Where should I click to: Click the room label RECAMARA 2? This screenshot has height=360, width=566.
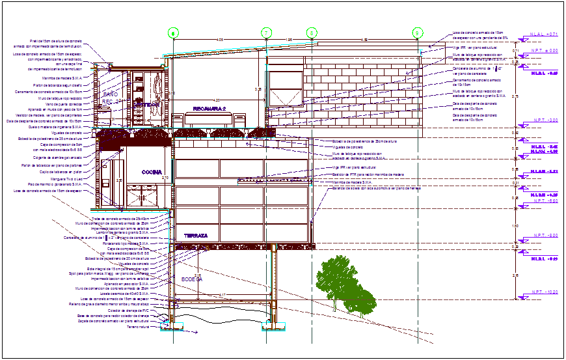point(209,108)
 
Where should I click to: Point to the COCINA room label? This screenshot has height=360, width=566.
point(152,172)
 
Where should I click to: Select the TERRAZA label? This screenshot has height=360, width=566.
point(195,235)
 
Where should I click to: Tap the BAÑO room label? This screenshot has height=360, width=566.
point(109,95)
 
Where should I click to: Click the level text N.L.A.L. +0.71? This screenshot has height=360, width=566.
point(545,34)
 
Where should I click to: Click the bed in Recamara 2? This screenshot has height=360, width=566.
point(209,120)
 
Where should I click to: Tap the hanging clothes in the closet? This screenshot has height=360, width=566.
point(157,85)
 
